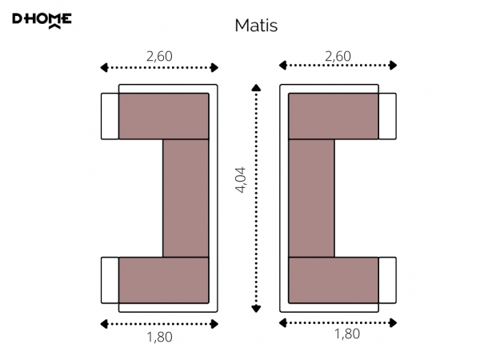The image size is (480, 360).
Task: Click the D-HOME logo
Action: click(x=42, y=21)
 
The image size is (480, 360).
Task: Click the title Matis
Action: click(x=256, y=26)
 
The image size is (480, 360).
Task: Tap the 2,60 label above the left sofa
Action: click(x=159, y=56)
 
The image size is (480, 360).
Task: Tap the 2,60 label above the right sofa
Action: click(x=338, y=56)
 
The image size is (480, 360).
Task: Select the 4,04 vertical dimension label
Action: click(x=240, y=180)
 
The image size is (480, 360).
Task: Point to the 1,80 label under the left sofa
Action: click(x=159, y=337)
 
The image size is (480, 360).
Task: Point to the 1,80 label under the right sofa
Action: click(x=347, y=334)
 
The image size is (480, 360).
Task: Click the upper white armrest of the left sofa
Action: click(x=110, y=116)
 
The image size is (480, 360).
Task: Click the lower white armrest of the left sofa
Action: click(x=110, y=280)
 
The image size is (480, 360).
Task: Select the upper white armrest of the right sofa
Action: click(x=387, y=116)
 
